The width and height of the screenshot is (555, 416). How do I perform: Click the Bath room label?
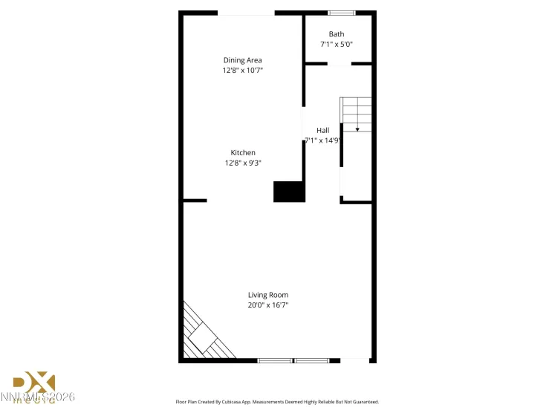tap(337, 34)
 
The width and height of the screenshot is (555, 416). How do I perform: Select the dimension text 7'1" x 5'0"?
tap(337, 45)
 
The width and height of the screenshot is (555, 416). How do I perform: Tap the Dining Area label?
tap(242, 60)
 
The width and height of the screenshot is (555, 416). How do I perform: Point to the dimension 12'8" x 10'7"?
tap(242, 71)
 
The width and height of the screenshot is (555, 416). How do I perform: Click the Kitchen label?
tap(242, 153)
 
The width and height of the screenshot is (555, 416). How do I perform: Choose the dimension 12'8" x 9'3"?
tap(242, 163)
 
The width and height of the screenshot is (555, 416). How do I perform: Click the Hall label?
tap(322, 131)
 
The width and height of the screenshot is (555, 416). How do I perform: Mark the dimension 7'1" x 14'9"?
tap(322, 140)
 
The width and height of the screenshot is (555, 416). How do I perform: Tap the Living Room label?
tap(268, 295)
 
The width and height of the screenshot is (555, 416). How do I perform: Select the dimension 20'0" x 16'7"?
tap(268, 305)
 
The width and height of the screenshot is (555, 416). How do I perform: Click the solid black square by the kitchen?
tap(289, 192)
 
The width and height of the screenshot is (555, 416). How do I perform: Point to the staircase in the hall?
tap(356, 114)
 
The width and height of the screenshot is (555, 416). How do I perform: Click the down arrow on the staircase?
tap(357, 129)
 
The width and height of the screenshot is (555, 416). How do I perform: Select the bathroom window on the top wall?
tap(341, 13)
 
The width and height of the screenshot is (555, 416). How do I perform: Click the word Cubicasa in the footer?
tap(251, 402)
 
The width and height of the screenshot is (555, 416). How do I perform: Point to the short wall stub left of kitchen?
tap(194, 201)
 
